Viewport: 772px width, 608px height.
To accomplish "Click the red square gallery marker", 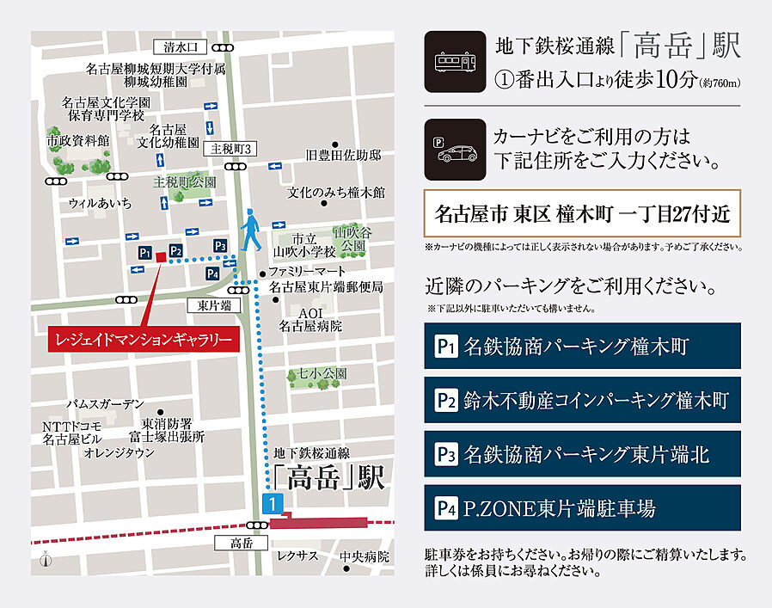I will [161, 256].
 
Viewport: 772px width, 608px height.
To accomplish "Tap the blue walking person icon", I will [250, 229].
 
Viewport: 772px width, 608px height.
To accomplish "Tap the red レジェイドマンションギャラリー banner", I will [144, 341].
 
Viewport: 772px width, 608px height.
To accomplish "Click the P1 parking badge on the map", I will [145, 253].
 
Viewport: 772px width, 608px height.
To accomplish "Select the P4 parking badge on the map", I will [213, 273].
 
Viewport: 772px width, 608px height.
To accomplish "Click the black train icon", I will [455, 62].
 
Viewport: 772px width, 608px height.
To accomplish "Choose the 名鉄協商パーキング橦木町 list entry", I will [582, 347].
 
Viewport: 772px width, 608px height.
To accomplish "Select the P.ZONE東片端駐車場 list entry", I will [582, 508].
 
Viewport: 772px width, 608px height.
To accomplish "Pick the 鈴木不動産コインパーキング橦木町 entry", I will [582, 400].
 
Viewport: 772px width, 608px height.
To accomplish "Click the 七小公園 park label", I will [322, 374].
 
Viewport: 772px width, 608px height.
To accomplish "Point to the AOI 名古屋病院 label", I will [310, 319].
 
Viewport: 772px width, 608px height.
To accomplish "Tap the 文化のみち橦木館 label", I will [336, 192].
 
